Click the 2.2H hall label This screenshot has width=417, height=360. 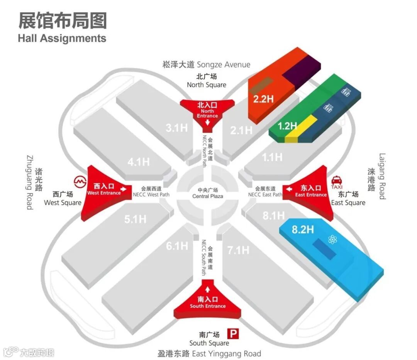coord(263,99)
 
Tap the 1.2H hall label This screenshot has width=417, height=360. coord(287,126)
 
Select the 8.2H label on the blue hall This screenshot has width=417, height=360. coord(303,230)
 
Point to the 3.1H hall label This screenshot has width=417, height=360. coord(177,128)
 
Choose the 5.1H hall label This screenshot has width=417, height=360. coord(135,219)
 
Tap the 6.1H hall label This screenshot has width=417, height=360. coord(177,245)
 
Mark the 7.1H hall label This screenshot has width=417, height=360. coord(238,250)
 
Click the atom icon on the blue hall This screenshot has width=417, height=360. coord(332,240)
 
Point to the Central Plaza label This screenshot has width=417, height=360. coord(208,193)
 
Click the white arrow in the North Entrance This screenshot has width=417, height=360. coord(207,123)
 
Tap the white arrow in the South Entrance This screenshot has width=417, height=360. coord(207,289)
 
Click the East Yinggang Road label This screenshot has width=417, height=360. coord(209,353)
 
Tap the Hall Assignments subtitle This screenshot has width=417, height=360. coord(62,38)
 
